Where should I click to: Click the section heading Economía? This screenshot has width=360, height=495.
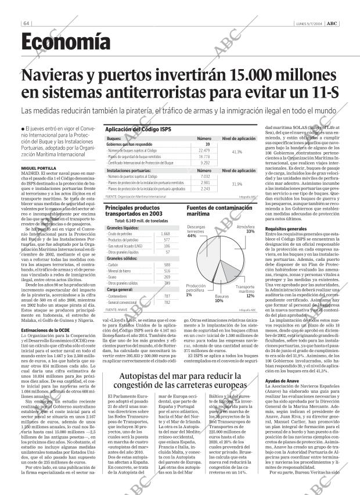tap(66, 41)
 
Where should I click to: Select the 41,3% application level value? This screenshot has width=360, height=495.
tap(237, 152)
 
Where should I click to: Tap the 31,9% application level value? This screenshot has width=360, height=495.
tap(237, 184)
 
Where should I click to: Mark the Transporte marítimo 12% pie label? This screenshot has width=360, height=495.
tap(247, 291)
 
